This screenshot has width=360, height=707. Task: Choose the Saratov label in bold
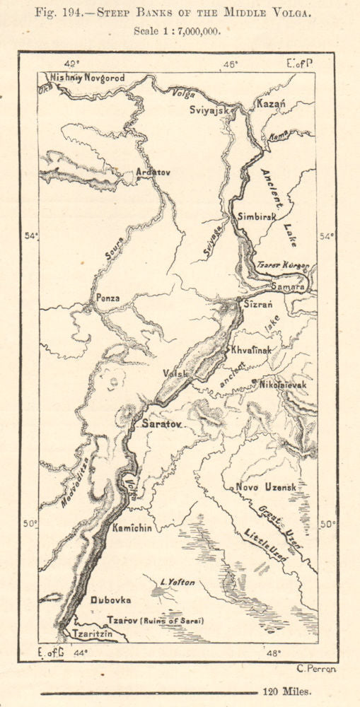pyautogui.click(x=162, y=423)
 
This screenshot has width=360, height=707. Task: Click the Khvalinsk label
pyautogui.click(x=253, y=351)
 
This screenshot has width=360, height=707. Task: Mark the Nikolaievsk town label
pyautogui.click(x=284, y=384)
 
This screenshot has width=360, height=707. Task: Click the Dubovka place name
pyautogui.click(x=111, y=600)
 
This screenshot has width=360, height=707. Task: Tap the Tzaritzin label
pyautogui.click(x=93, y=633)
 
